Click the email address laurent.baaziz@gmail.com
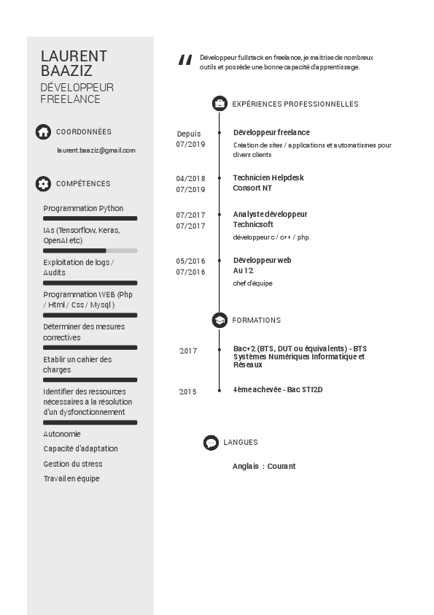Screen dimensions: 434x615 click(96, 150)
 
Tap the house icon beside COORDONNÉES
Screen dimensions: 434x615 click(43, 131)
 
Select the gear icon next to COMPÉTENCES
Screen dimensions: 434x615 click(43, 184)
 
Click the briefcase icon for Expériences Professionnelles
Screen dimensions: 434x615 click(219, 104)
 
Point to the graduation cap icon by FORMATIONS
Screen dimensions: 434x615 click(219, 320)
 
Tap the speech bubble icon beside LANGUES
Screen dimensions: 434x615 click(211, 443)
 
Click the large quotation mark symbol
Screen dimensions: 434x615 click(185, 60)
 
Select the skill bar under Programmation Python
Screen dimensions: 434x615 click(90, 218)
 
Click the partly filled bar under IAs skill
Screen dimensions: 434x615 click(90, 251)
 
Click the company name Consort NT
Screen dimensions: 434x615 click(252, 188)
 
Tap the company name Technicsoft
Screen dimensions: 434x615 click(253, 225)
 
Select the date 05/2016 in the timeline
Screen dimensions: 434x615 click(190, 261)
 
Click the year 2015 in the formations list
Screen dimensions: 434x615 click(188, 392)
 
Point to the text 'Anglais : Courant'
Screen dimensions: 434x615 click(264, 466)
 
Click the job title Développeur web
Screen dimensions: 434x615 click(263, 260)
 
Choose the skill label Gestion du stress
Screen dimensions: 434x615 click(73, 464)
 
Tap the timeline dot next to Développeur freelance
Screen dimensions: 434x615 click(220, 133)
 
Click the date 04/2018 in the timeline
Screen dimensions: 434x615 click(190, 178)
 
